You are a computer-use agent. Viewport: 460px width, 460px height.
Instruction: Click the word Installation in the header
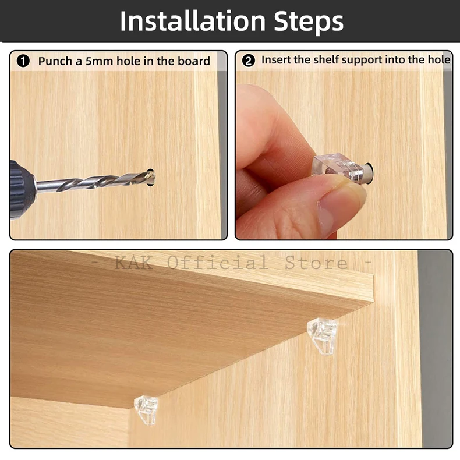[x=193, y=21]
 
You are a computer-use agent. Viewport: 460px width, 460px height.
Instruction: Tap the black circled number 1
[x=23, y=61]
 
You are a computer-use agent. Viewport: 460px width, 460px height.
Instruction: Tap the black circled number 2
[x=249, y=61]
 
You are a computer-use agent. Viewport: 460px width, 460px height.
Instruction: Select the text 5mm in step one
[x=99, y=61]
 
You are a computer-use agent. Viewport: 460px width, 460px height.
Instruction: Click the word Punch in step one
[x=55, y=61]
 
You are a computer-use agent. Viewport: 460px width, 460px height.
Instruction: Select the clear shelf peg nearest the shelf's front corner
[x=146, y=409]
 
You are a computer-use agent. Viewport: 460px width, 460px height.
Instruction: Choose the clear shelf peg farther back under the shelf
[x=322, y=335]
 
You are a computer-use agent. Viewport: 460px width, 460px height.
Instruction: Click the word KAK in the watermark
[x=134, y=262]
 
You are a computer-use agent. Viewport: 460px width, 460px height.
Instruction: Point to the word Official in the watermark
[x=218, y=262]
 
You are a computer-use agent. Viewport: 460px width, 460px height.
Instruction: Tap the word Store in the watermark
[x=316, y=263]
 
